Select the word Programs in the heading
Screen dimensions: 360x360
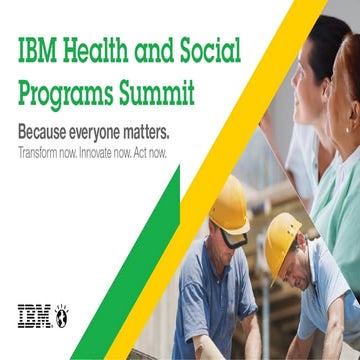coord(67,94)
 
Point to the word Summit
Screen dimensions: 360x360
coord(157,94)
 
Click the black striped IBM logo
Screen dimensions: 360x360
coord(34,315)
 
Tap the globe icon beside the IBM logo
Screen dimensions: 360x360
coord(61,315)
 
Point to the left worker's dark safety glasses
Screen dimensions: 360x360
coord(232,237)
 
